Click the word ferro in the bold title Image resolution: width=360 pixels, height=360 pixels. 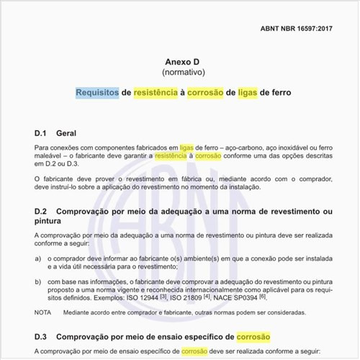pyautogui.click(x=276, y=93)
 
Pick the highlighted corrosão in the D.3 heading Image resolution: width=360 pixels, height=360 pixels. pyautogui.click(x=257, y=336)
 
